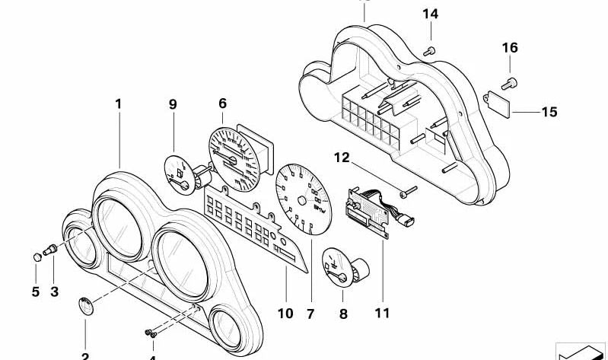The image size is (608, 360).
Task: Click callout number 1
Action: click(x=118, y=103)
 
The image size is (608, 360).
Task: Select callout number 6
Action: click(x=222, y=103)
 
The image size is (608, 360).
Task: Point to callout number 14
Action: click(x=431, y=14)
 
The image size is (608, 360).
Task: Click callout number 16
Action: click(x=509, y=48)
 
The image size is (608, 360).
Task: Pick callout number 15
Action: click(x=549, y=112)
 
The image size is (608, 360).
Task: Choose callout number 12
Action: click(x=342, y=158)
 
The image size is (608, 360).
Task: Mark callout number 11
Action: click(x=381, y=312)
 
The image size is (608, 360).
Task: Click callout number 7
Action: click(x=310, y=312)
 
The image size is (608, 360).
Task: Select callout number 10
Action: click(x=285, y=312)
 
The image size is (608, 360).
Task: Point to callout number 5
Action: click(x=35, y=291)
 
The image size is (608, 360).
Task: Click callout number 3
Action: click(x=54, y=291)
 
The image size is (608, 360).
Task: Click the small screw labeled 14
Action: click(x=431, y=49)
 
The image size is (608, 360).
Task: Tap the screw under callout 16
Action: click(x=509, y=81)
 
